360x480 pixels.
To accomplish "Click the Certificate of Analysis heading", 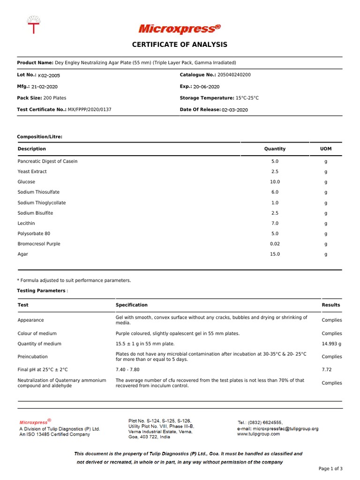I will tap(180, 45).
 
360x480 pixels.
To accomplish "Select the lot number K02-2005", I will tap(49, 75).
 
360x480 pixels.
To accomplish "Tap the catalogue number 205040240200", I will tap(234, 75).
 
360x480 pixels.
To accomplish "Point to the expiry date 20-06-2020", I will tap(206, 87).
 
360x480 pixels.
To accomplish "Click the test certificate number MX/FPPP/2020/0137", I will tap(90, 110).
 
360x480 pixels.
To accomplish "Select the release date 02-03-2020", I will tap(235, 110).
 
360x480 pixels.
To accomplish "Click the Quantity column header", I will tap(275, 149).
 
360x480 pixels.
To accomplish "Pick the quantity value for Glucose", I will tap(275, 182).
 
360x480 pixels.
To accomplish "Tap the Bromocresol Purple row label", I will tap(39, 244).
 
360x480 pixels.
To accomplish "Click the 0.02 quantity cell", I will tap(275, 244).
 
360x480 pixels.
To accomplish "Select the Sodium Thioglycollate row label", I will tap(42, 203).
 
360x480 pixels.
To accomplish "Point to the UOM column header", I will tap(326, 149).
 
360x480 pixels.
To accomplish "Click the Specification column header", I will tap(132, 305).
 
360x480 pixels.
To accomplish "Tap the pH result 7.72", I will tap(327, 370).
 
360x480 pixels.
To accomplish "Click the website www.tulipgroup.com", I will tap(259, 434).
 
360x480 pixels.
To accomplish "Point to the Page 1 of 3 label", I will tap(330, 469).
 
